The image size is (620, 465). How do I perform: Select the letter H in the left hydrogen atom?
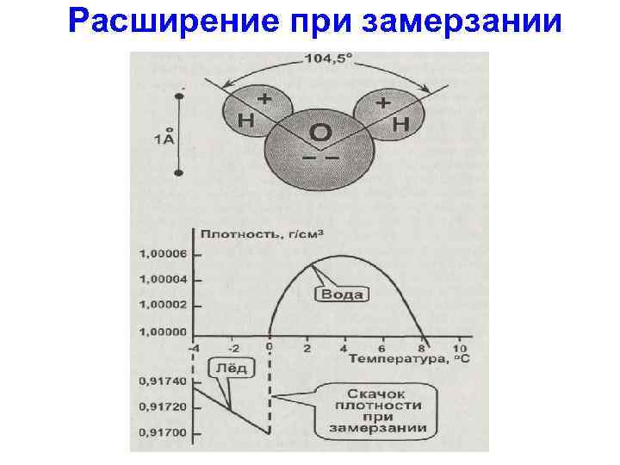(245, 121)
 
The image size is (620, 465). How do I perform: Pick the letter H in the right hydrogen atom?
(400, 125)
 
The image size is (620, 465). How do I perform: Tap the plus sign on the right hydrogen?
(382, 102)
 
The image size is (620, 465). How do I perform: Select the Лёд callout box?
(231, 368)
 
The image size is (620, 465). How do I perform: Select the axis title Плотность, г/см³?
(267, 233)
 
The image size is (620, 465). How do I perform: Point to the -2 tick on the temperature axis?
(232, 347)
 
